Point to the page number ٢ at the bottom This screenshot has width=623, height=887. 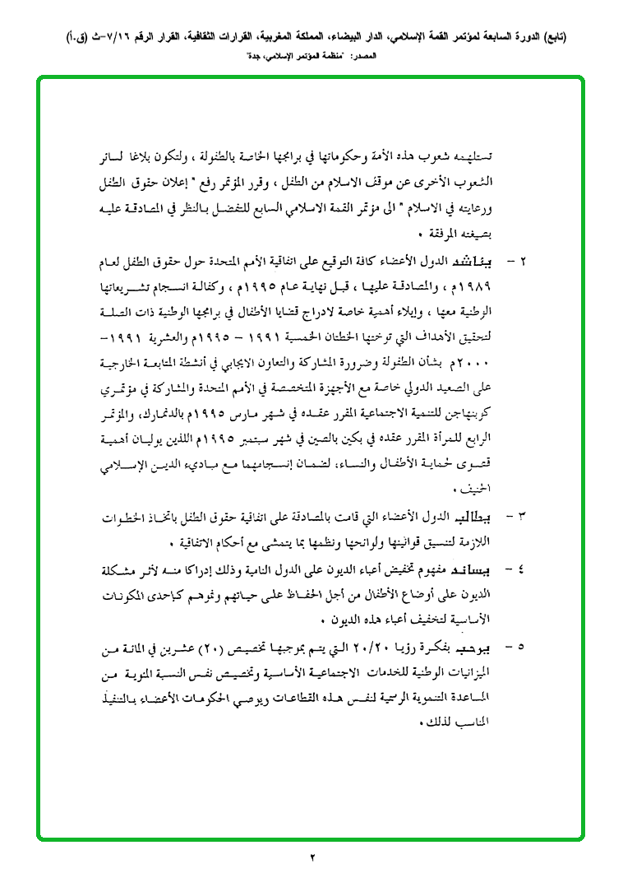point(312,858)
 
